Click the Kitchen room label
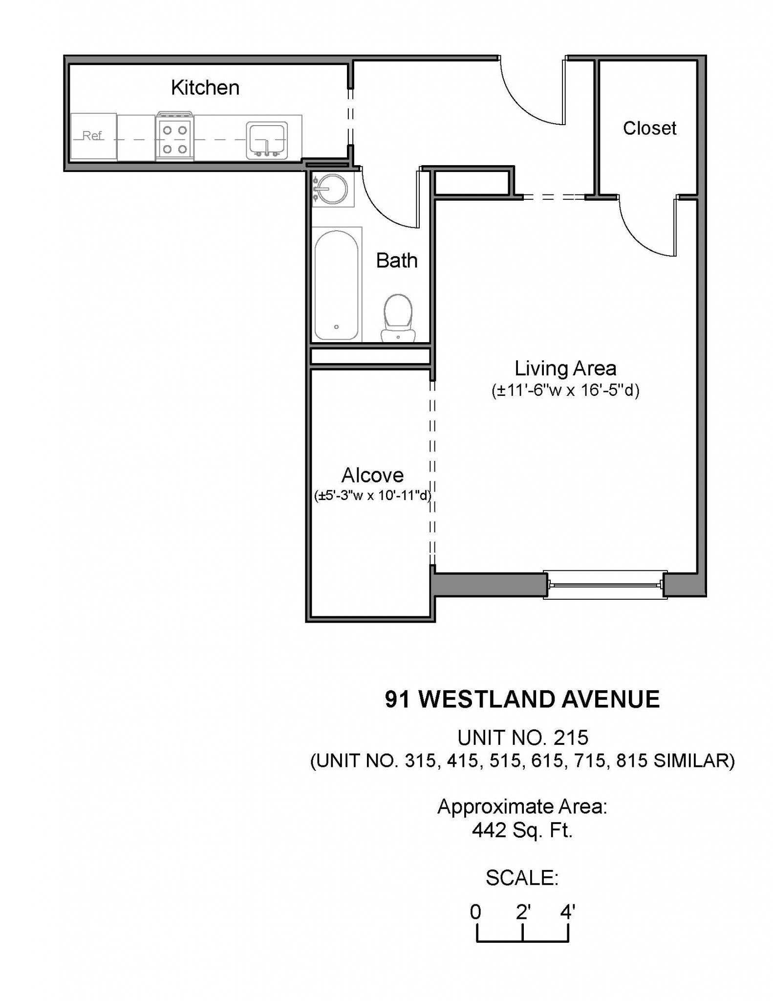click(x=205, y=88)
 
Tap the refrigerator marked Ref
click(x=93, y=136)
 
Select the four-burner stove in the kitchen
click(x=174, y=138)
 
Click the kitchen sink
click(x=267, y=140)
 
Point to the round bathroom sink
click(x=333, y=189)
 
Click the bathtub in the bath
click(x=336, y=285)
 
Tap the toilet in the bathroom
click(x=398, y=317)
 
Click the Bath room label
click(x=396, y=261)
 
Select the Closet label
click(x=649, y=129)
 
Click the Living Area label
click(x=565, y=368)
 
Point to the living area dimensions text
click(x=565, y=391)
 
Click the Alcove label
click(x=372, y=475)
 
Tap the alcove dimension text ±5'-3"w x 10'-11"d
click(x=372, y=496)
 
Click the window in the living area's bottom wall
click(x=605, y=584)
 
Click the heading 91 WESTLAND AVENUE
click(x=522, y=699)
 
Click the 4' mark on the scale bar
click(x=568, y=912)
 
